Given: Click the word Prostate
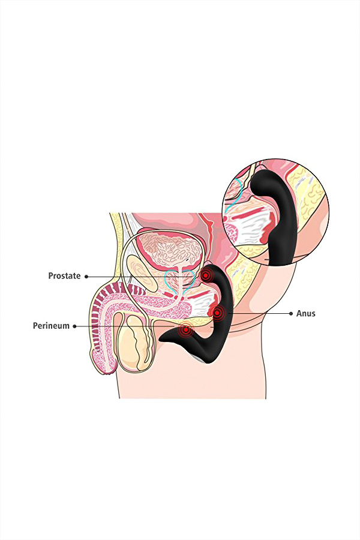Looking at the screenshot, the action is click(x=64, y=276).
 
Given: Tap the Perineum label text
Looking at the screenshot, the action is click(x=51, y=326).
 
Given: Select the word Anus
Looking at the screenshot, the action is click(x=305, y=314).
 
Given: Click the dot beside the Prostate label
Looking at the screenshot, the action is click(x=86, y=276).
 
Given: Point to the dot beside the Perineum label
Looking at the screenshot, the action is click(x=74, y=326).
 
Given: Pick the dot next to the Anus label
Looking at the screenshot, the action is click(x=291, y=313).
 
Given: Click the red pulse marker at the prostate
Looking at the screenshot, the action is click(x=206, y=275).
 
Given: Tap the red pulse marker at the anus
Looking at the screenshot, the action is click(x=217, y=313).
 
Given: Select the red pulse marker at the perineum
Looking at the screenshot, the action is click(x=185, y=330).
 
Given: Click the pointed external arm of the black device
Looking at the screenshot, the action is click(x=176, y=338).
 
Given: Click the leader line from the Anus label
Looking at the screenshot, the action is click(x=259, y=313).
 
